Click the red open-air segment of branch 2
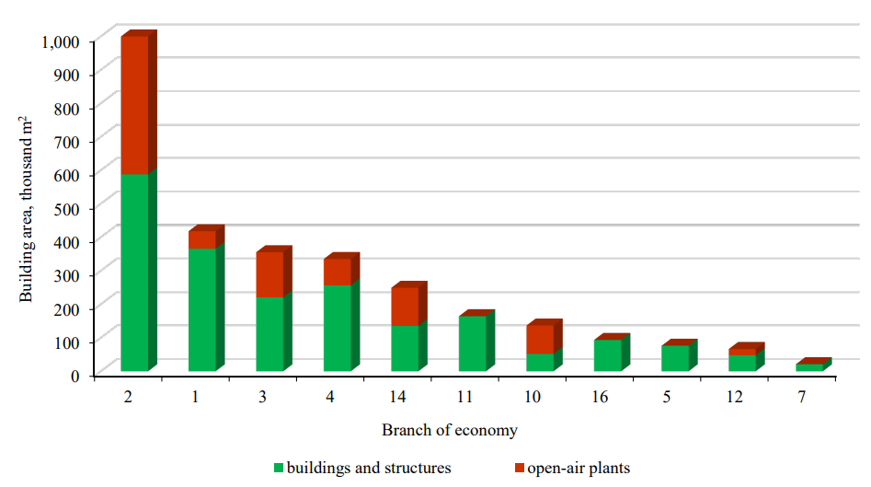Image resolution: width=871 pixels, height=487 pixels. pyautogui.click(x=134, y=105)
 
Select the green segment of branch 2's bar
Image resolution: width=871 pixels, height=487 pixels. pyautogui.click(x=134, y=272)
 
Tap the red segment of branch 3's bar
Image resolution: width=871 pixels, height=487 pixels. pyautogui.click(x=269, y=274)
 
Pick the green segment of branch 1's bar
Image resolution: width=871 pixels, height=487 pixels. pyautogui.click(x=202, y=309)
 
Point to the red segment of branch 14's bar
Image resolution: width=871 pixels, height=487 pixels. pyautogui.click(x=405, y=307)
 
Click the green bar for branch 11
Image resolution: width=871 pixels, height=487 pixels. pyautogui.click(x=472, y=343)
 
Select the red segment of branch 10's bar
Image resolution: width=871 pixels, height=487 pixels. pyautogui.click(x=540, y=340)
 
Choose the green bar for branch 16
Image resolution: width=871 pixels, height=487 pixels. pyautogui.click(x=607, y=355)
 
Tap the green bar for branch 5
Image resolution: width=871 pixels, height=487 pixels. pyautogui.click(x=674, y=358)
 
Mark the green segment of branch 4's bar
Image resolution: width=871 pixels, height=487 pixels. pyautogui.click(x=337, y=328)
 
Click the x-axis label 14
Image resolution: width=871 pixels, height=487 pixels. pyautogui.click(x=396, y=397)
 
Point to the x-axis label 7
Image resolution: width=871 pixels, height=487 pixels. pyautogui.click(x=802, y=397)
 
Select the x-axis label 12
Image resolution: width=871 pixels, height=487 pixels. pyautogui.click(x=734, y=397)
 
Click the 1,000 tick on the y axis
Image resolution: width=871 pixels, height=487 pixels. pyautogui.click(x=63, y=41)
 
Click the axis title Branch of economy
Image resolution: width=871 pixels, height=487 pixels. pyautogui.click(x=449, y=430)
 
